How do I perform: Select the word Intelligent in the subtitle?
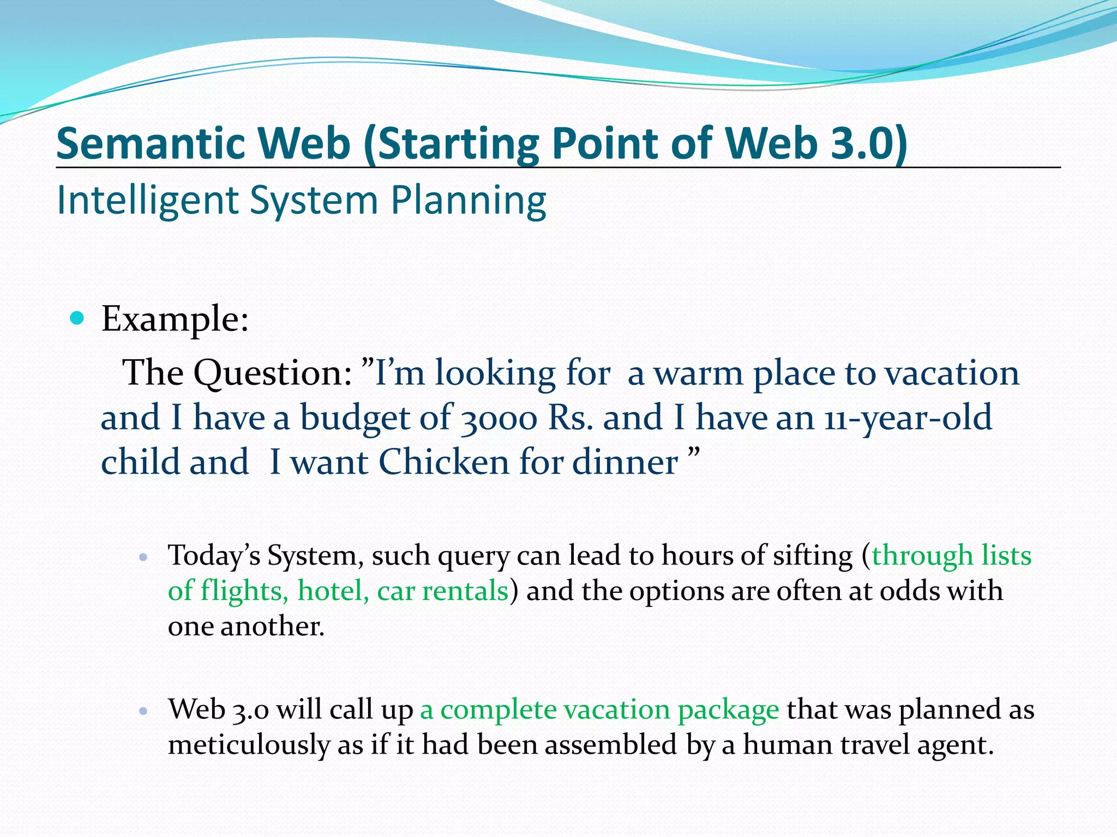(x=148, y=201)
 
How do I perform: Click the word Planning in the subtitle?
(x=469, y=201)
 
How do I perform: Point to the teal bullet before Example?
(x=78, y=318)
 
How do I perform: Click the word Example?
(x=175, y=319)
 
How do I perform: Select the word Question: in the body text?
(x=273, y=374)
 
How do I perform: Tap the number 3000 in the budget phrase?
(x=499, y=418)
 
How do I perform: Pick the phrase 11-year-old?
(x=908, y=418)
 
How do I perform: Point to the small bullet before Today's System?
(x=143, y=557)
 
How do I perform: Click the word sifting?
(x=814, y=556)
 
